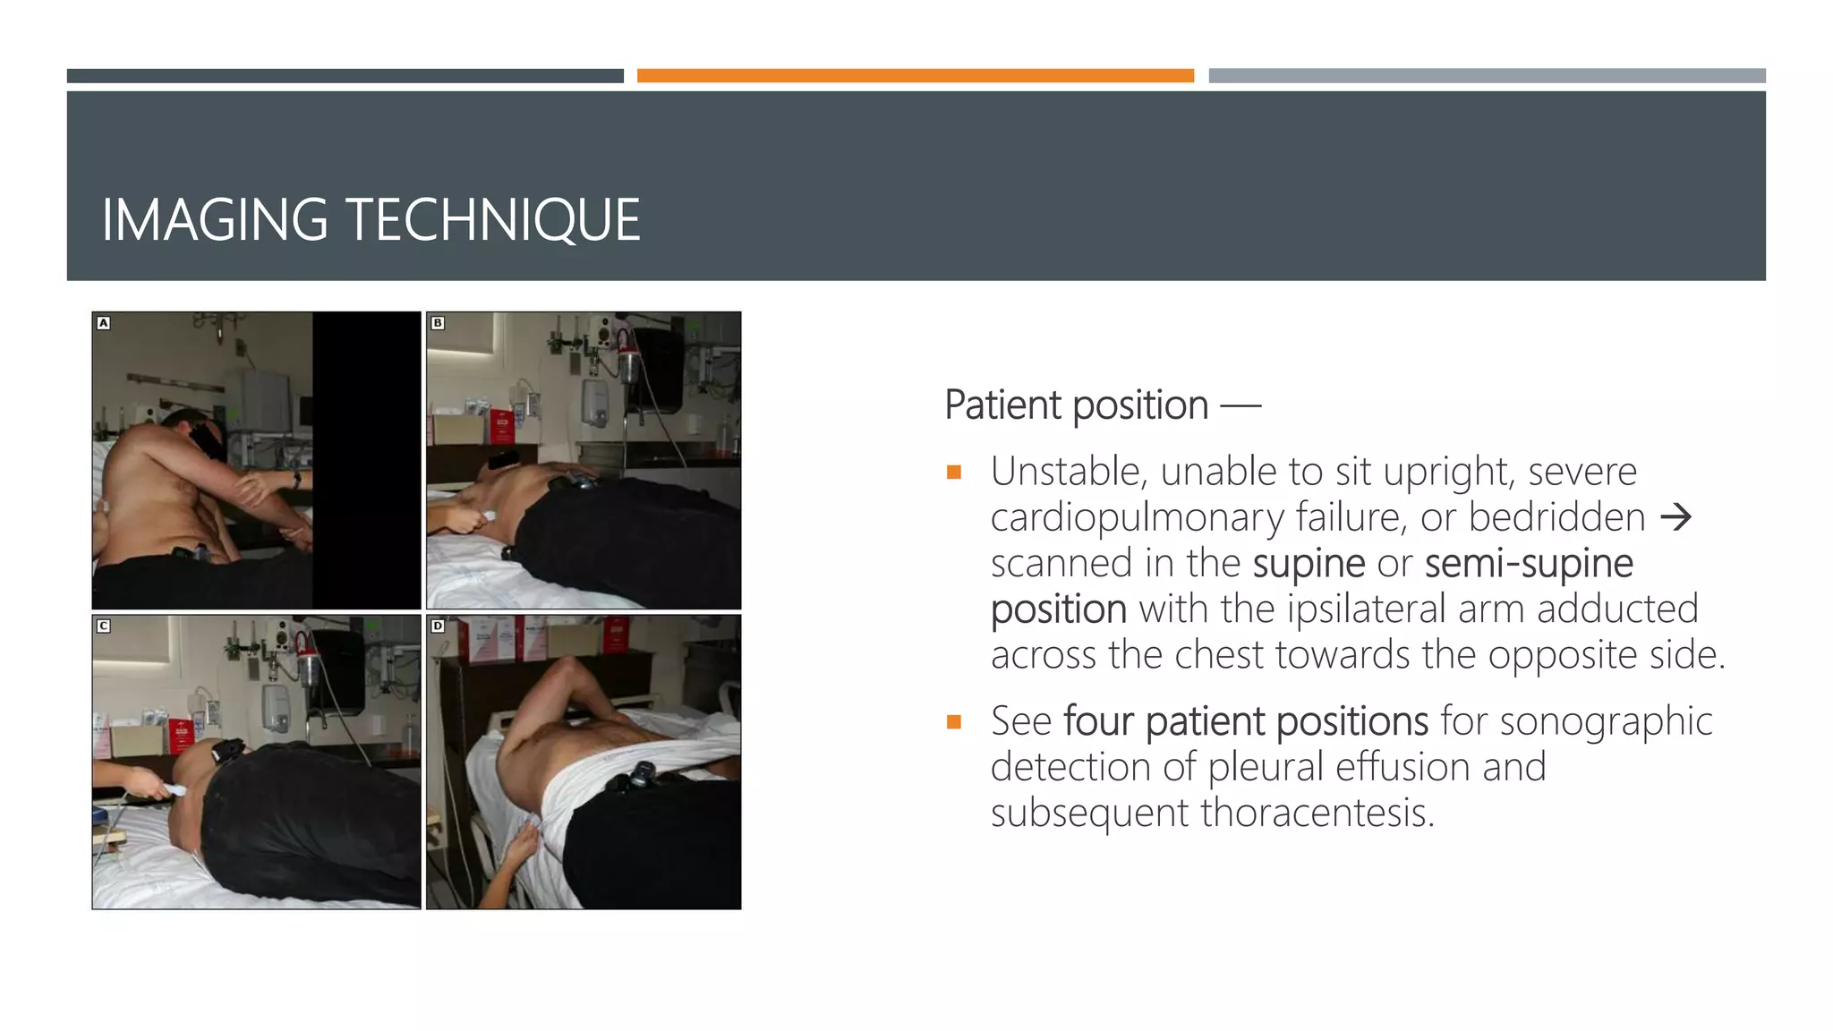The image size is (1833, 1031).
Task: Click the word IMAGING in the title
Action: pyautogui.click(x=215, y=220)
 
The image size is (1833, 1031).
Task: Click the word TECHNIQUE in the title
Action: pyautogui.click(x=492, y=220)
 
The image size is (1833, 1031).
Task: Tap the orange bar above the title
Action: pyautogui.click(x=915, y=76)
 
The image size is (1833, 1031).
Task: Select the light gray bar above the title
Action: pyautogui.click(x=1487, y=76)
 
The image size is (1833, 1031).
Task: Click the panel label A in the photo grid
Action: pyautogui.click(x=104, y=323)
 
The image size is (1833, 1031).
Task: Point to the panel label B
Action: pyautogui.click(x=438, y=323)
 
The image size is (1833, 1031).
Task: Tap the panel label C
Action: pyautogui.click(x=104, y=626)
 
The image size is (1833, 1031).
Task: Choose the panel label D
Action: pyautogui.click(x=438, y=626)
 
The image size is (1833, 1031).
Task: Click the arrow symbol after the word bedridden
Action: pyautogui.click(x=1675, y=517)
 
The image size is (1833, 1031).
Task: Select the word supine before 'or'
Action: pyautogui.click(x=1309, y=564)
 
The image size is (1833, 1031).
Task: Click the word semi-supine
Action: pyautogui.click(x=1529, y=564)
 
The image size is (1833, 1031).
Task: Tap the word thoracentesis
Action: pyautogui.click(x=1317, y=813)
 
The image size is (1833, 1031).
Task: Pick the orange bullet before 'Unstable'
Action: pyautogui.click(x=954, y=473)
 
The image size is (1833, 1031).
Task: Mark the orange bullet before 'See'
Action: pyautogui.click(x=954, y=721)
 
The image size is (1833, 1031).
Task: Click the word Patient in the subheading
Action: pyautogui.click(x=1003, y=405)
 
